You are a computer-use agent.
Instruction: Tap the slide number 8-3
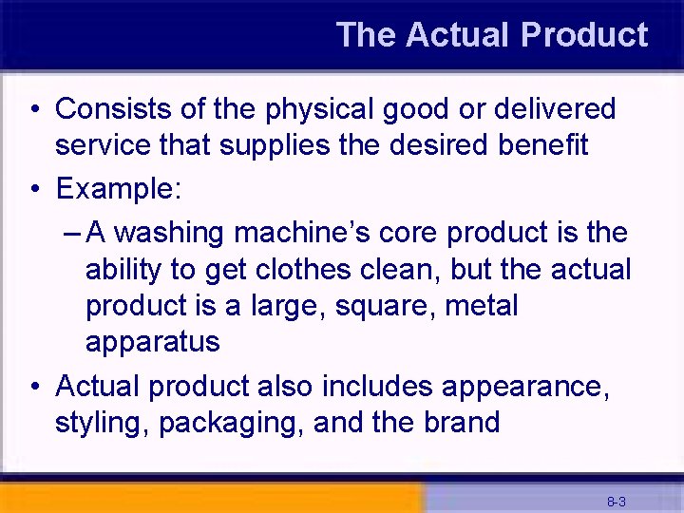pos(616,501)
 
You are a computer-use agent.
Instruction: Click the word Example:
pos(118,188)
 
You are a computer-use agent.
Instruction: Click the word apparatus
pos(152,342)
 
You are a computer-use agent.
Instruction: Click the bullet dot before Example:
pos(34,189)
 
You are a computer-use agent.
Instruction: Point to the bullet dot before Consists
pos(34,110)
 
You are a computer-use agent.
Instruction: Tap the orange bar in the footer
pos(209,500)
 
